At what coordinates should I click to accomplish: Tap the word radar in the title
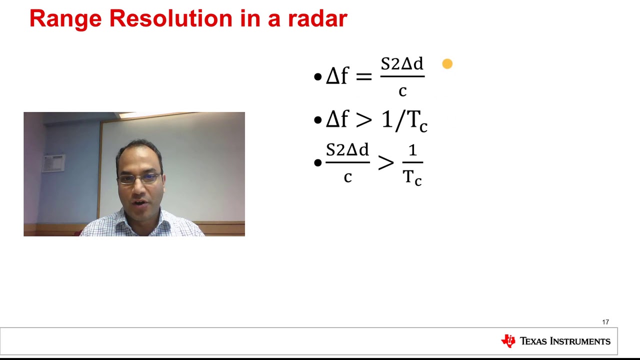[317, 18]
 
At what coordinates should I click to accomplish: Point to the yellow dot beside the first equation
[447, 64]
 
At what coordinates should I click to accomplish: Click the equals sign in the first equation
[363, 76]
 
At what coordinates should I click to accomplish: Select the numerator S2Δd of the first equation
[402, 64]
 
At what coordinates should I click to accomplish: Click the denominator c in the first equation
[402, 91]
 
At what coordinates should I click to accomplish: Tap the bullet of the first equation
[317, 77]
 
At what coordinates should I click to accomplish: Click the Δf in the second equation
[337, 120]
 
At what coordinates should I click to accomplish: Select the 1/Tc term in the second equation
[404, 121]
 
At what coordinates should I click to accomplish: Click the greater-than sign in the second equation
[363, 120]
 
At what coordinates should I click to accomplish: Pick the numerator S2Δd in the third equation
[347, 150]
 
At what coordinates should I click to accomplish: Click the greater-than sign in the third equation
[385, 163]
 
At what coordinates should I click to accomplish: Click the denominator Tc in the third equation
[412, 177]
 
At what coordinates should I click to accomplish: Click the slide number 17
[605, 322]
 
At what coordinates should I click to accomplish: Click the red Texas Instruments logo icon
[508, 341]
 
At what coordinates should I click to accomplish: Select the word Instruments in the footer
[580, 341]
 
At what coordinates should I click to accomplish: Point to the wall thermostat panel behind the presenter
[53, 163]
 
